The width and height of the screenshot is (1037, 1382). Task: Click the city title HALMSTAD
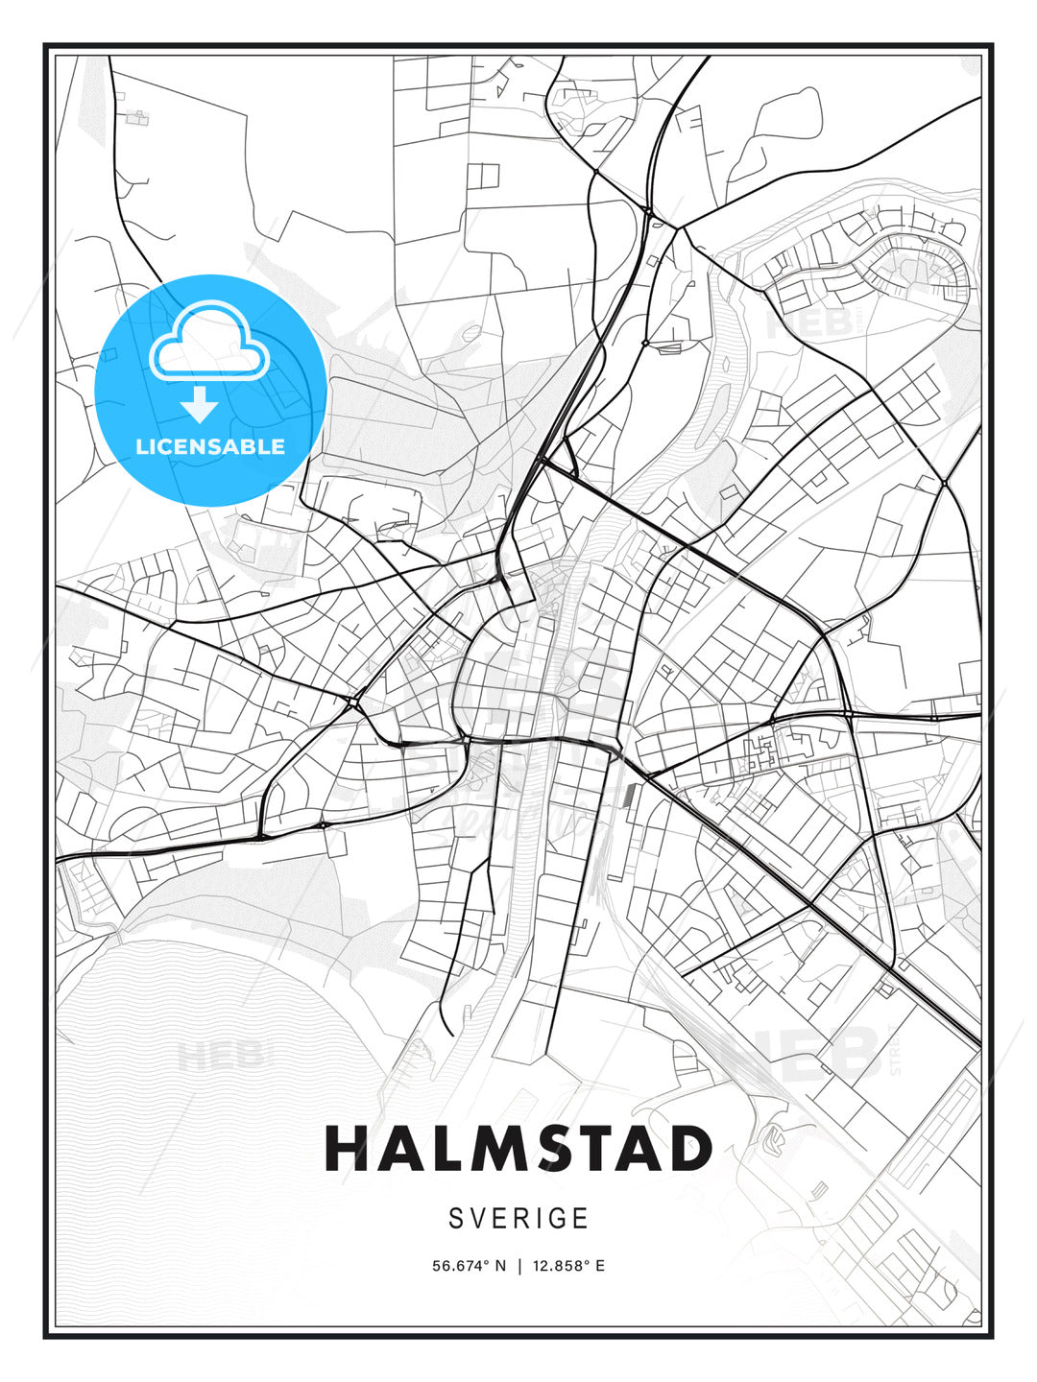tap(518, 1149)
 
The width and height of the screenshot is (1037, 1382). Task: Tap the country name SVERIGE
tap(518, 1219)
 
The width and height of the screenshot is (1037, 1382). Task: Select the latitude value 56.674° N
tap(469, 1266)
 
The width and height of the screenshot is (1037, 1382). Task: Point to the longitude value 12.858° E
tap(570, 1266)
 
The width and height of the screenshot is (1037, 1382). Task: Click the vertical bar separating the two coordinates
tap(519, 1266)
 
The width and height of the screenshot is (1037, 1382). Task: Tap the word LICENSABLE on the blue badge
tap(210, 446)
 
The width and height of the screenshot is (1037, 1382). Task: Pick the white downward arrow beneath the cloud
tap(200, 405)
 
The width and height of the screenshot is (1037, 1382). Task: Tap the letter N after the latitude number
tap(500, 1266)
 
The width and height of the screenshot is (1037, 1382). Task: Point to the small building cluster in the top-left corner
tap(137, 118)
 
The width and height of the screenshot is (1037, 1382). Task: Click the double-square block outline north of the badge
tap(483, 176)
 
